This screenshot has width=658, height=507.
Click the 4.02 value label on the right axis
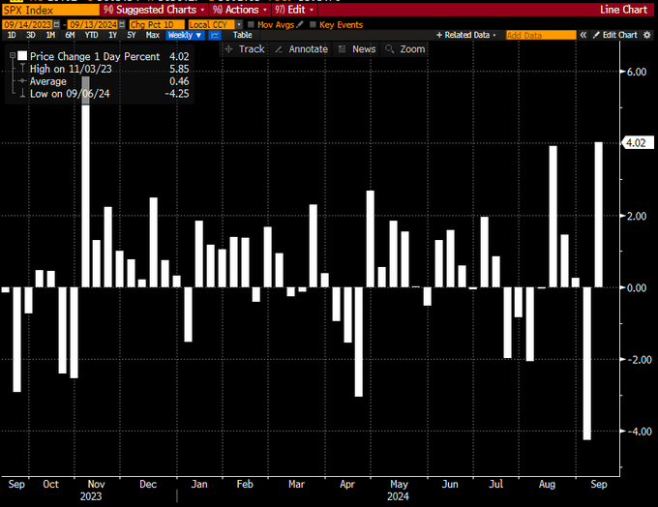coord(636,143)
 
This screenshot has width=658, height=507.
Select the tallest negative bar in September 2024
coord(586,363)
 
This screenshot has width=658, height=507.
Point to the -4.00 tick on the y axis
coord(634,432)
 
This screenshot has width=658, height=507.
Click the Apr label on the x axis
coord(346,483)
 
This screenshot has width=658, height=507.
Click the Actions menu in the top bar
coord(235,10)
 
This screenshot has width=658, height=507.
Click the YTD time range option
coord(92,35)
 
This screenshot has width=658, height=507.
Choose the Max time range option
coord(152,35)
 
